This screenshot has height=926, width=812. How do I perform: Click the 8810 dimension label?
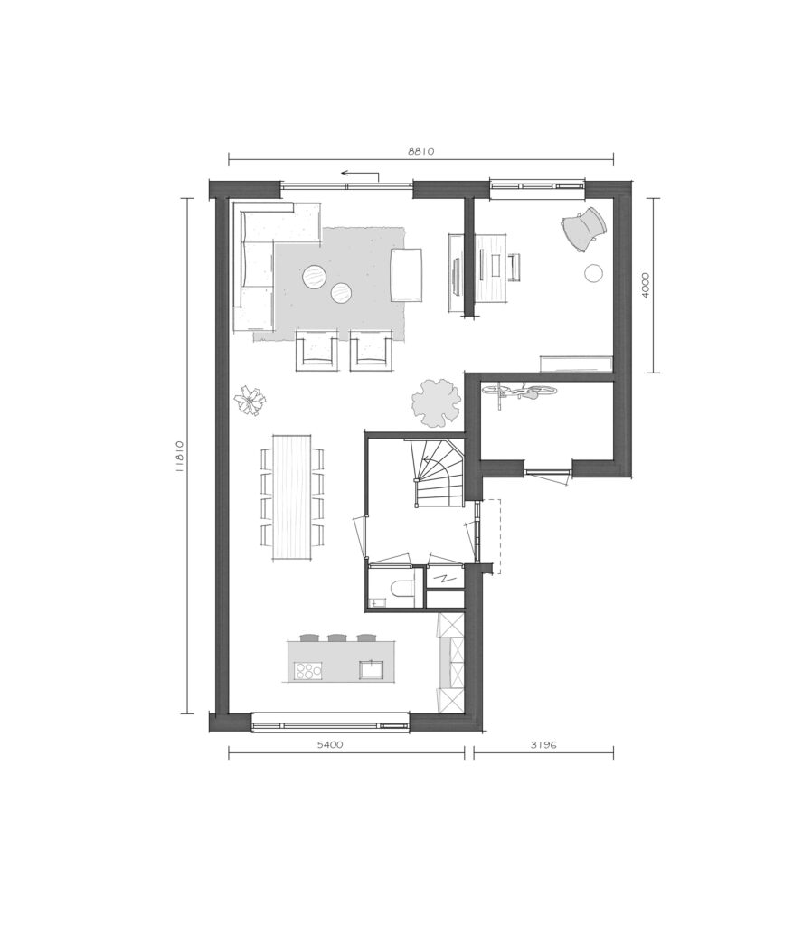(421, 151)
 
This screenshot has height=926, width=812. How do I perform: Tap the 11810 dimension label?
(180, 457)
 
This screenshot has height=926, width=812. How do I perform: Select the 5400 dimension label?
(329, 745)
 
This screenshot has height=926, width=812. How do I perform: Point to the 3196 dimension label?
(543, 745)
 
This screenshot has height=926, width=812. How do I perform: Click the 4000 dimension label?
(645, 285)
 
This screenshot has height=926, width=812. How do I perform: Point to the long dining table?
(292, 496)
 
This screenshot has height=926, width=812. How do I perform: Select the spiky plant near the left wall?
(250, 402)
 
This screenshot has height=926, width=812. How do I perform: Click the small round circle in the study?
(593, 273)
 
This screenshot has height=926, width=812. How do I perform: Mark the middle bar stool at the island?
(337, 638)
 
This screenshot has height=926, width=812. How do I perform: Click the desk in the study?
(491, 267)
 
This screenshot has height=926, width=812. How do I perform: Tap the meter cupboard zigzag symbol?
(442, 578)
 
